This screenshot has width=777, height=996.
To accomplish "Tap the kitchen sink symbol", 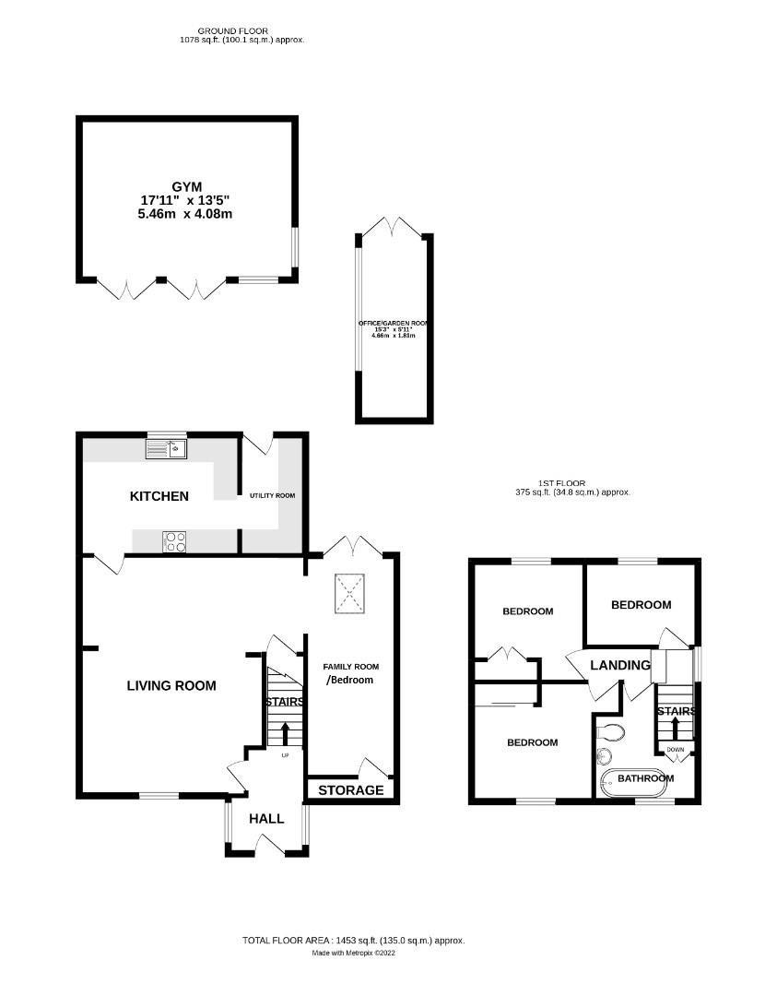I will coord(168,450).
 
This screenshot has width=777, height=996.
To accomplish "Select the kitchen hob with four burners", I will coord(174,541).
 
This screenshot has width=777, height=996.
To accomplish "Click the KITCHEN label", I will coord(159,496).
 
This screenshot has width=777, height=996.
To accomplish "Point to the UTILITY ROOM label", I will coord(272,495).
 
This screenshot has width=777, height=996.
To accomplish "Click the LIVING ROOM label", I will coord(171,685).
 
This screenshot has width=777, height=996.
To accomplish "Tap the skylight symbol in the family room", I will coord(349,593).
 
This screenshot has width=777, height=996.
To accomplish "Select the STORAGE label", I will coord(350,790).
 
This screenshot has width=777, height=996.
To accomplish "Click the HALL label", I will coord(266,818).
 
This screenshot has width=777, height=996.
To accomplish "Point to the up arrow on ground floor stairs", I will coord(284,734).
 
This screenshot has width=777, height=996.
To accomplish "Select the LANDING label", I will coord(619,665).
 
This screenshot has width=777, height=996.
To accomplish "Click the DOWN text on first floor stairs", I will coord(676,750).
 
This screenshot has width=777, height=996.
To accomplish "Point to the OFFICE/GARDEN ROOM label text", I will coord(394,324).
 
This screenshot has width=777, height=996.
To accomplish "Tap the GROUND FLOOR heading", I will coord(241,30).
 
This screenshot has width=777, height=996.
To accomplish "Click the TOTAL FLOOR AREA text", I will coord(353,941).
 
